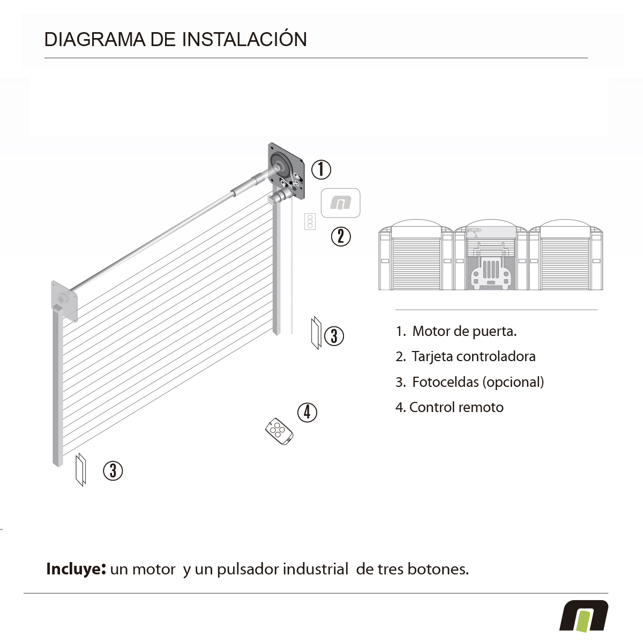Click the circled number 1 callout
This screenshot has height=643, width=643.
321,169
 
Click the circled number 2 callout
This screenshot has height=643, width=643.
341,236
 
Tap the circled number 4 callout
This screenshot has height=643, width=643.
307,412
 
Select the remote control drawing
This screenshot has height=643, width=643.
279,431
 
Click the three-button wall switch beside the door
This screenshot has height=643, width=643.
310,221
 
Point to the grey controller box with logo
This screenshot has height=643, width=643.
340,203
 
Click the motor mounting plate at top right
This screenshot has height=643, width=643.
287,171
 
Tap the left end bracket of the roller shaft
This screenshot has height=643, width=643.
64,301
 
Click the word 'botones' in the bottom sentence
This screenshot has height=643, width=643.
438,569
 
